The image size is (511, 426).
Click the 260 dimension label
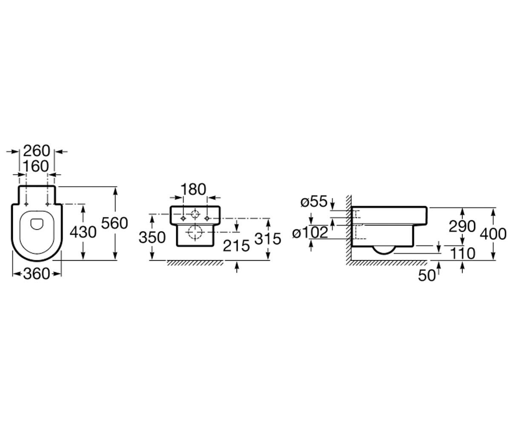click(x=37, y=151)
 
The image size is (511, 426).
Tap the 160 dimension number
click(x=36, y=167)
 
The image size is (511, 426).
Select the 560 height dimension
click(x=115, y=223)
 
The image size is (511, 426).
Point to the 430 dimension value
click(x=83, y=232)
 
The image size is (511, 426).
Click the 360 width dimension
click(x=37, y=274)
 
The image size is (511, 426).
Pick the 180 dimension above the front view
click(x=193, y=189)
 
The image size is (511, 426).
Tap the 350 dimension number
click(x=152, y=237)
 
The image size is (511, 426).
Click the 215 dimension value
click(x=236, y=245)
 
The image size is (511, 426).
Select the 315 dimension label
click(x=267, y=239)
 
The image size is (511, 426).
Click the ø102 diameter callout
click(x=310, y=232)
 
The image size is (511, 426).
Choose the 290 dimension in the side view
click(x=462, y=226)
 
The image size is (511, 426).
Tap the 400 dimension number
click(x=493, y=234)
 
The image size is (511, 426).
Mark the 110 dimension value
click(x=462, y=253)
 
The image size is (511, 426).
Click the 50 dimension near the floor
click(x=427, y=275)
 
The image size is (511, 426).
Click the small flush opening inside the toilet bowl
click(x=37, y=224)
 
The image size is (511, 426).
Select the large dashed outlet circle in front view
click(x=195, y=232)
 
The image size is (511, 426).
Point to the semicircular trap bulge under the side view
click(x=384, y=250)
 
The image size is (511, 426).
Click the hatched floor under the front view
click(x=195, y=263)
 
